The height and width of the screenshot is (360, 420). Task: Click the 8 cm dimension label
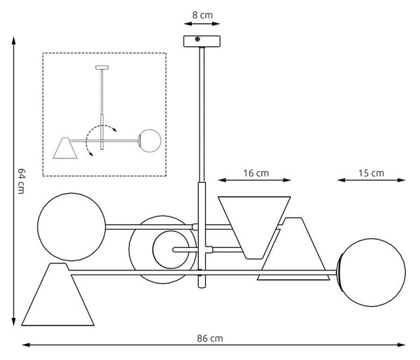pos(202,15)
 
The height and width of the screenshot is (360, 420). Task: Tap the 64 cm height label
pos(21,181)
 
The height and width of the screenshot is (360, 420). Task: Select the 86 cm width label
pos(210,338)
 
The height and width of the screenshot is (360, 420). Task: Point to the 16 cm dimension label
pos(256,173)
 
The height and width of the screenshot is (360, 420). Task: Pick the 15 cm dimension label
pos(371,173)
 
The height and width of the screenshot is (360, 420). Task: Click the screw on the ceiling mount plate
pos(197,39)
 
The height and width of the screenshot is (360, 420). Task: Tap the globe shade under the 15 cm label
pos(372,272)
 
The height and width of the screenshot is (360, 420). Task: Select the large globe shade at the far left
pos(71,227)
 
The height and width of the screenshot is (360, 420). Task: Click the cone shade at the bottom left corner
pos(58,294)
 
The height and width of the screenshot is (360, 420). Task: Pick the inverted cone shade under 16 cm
pos(254,228)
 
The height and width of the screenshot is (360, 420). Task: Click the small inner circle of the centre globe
pos(171,249)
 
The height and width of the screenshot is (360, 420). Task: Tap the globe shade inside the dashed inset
pos(150,141)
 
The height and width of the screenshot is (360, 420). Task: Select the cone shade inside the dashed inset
pos(65,148)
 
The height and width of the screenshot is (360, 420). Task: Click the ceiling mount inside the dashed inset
pos(102,67)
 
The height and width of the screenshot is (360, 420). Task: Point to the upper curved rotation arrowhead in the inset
pos(115,130)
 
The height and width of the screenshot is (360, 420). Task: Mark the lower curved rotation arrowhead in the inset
pos(91,154)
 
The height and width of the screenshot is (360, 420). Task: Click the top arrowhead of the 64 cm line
pos(14,40)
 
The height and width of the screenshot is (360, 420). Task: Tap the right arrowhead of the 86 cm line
pos(401,345)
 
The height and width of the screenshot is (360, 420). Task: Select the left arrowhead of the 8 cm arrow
pos(188,24)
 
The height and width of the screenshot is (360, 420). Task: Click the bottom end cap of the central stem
pos(202,286)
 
